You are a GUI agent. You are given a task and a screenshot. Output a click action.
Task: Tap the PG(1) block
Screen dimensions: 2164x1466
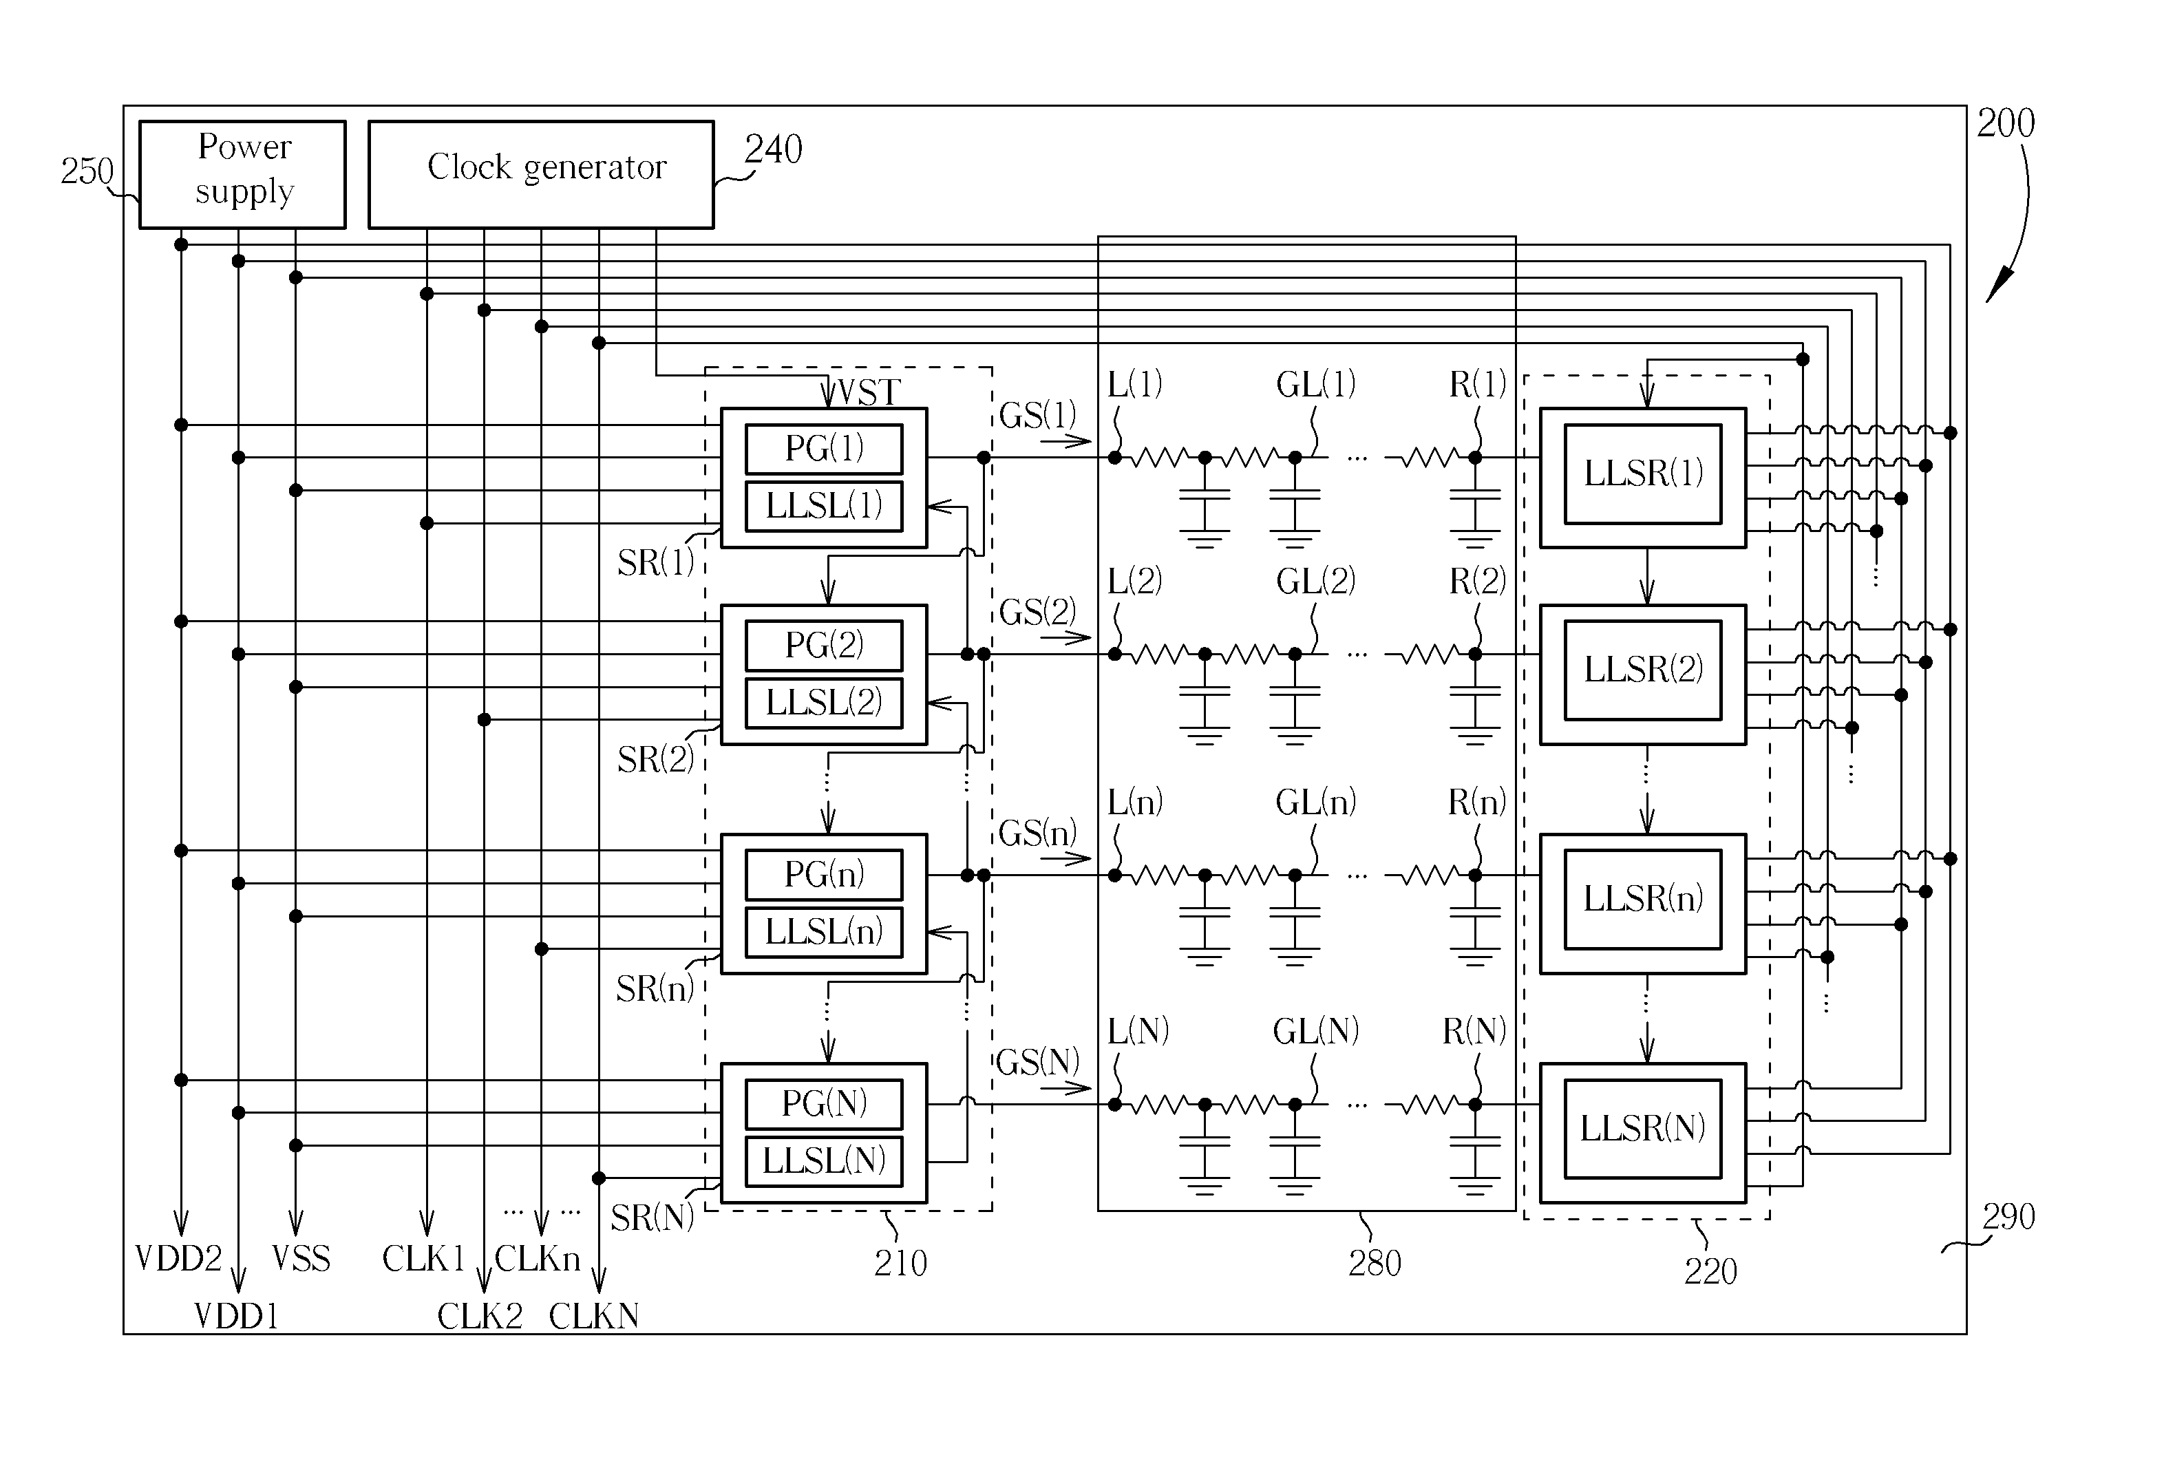point(824,449)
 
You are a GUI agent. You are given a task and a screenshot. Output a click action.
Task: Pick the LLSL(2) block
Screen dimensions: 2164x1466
point(824,702)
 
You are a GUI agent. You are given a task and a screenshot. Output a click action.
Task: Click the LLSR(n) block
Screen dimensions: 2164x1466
point(1642,899)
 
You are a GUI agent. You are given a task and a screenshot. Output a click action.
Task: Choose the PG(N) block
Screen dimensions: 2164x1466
point(824,1104)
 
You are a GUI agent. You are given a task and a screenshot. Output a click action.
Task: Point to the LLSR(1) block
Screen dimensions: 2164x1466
point(1642,474)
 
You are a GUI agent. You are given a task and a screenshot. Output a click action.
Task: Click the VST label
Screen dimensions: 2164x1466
point(865,393)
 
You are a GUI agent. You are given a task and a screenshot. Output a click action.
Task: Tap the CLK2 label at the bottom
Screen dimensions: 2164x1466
point(480,1316)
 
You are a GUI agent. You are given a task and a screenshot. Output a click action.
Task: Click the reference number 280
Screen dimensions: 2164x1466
point(1375,1264)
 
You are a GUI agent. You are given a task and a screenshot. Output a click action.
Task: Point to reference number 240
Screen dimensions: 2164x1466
point(773,150)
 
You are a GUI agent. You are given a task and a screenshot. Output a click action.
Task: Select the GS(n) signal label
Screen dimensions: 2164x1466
point(1037,833)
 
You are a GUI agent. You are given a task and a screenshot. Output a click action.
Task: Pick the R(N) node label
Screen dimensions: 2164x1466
point(1474,1031)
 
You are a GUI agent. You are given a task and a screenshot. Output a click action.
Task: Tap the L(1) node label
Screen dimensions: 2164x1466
point(1134,385)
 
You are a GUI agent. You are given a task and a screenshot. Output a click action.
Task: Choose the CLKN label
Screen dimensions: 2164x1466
point(594,1316)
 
